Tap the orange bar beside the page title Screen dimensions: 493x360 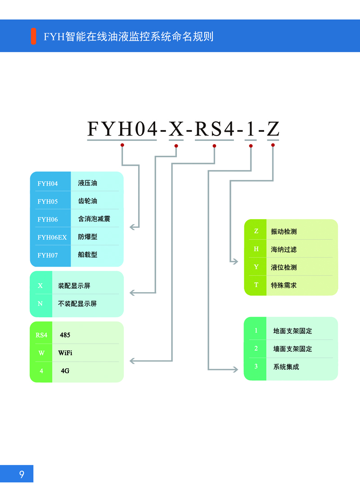coord(33,36)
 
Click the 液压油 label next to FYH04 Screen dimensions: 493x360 coord(87,183)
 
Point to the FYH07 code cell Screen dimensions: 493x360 coord(48,255)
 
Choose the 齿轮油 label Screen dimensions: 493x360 coord(87,201)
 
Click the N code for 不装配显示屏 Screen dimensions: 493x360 coord(40,303)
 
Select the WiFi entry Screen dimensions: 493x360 coord(65,353)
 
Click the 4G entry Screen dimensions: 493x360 coord(65,371)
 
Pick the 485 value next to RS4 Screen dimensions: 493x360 coord(65,335)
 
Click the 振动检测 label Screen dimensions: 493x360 coord(283,231)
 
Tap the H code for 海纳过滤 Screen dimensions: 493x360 coord(256,249)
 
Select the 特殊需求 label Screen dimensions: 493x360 coord(283,285)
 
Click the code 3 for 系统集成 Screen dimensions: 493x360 coord(256,366)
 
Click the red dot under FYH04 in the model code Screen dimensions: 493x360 coord(122,145)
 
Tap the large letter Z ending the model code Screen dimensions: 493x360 coord(273,129)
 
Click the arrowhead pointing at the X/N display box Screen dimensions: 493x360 coord(132,293)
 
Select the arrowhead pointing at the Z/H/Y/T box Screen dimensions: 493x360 coord(235,261)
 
